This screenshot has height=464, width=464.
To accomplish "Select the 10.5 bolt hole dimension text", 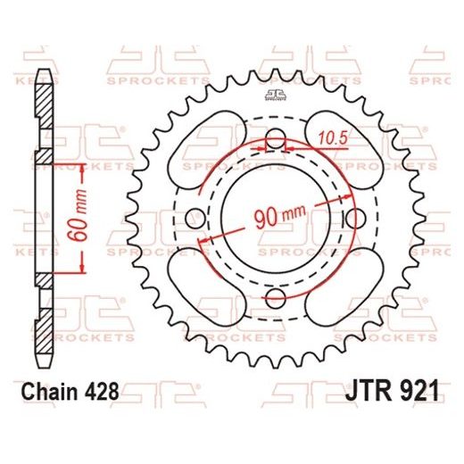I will (332, 137).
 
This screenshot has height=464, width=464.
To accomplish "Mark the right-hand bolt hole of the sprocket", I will (355, 218).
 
